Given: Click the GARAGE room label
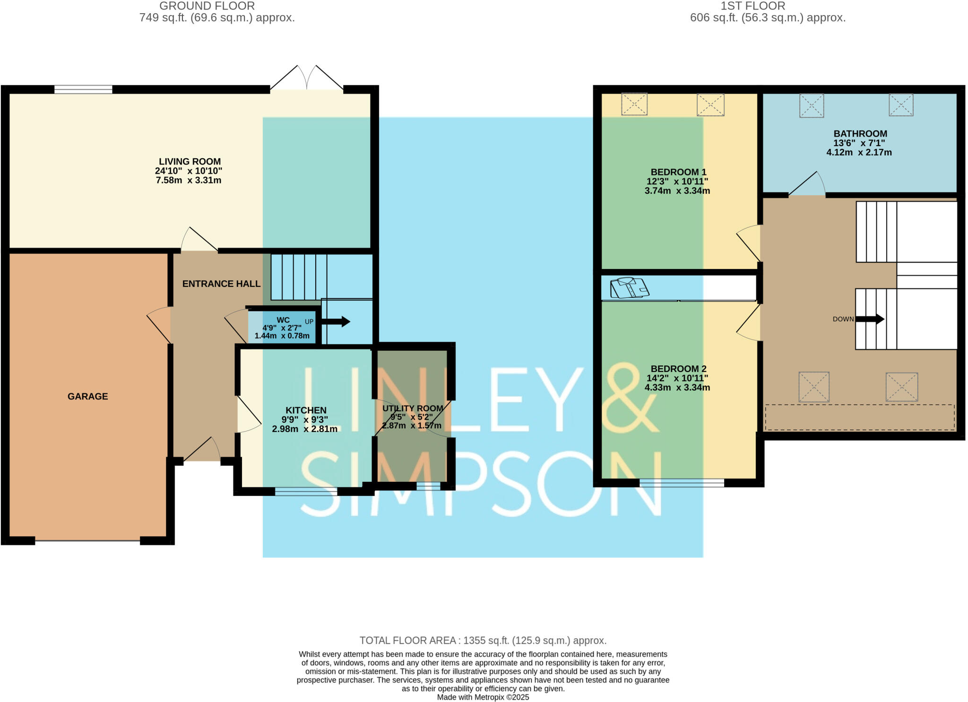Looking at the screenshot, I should (x=87, y=396).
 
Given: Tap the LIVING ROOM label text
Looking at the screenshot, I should (x=190, y=162).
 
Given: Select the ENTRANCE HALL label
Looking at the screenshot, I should (x=221, y=284).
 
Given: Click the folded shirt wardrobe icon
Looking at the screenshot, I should (x=629, y=288).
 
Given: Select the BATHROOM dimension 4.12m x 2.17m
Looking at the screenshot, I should (x=859, y=152).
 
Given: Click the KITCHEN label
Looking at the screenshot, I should (x=306, y=410).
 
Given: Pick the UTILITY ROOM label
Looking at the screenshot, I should (x=413, y=408).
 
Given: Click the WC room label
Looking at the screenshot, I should (x=283, y=320).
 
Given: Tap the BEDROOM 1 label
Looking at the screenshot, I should (x=678, y=172).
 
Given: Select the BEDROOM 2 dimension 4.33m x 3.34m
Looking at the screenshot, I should (x=677, y=388).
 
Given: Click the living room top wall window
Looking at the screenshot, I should (x=83, y=89).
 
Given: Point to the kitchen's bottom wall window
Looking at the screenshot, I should (x=306, y=492).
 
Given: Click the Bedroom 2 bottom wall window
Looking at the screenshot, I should (x=682, y=483).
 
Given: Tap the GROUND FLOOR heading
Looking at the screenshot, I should (x=207, y=6).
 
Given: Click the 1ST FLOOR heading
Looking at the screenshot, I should (x=752, y=6).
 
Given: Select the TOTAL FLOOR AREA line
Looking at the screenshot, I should (x=483, y=641).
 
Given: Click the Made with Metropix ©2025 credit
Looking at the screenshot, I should (x=483, y=697).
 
